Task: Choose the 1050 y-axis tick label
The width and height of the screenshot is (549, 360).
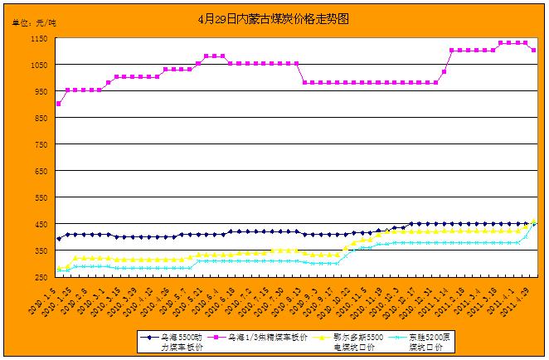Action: [x=38, y=66]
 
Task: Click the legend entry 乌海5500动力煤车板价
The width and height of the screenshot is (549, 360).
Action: [x=171, y=343]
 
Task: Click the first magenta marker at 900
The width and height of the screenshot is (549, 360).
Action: [x=58, y=104]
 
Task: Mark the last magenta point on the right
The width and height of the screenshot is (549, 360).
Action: [x=533, y=51]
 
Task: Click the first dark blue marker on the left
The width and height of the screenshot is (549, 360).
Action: [x=58, y=239]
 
